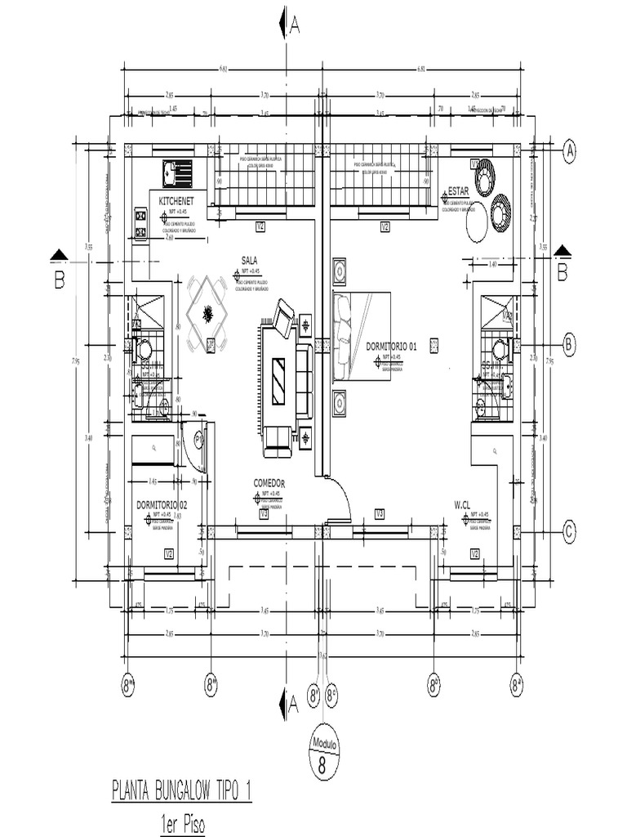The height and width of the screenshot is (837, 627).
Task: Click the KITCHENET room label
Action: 176,200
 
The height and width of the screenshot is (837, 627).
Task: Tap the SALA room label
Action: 249,260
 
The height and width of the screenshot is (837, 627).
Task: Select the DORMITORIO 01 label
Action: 391,346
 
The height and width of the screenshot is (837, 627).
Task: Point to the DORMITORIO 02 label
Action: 162,505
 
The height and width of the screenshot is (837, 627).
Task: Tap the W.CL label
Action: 464,507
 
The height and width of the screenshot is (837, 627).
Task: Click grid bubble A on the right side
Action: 571,150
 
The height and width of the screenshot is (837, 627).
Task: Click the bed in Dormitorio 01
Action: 359,336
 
